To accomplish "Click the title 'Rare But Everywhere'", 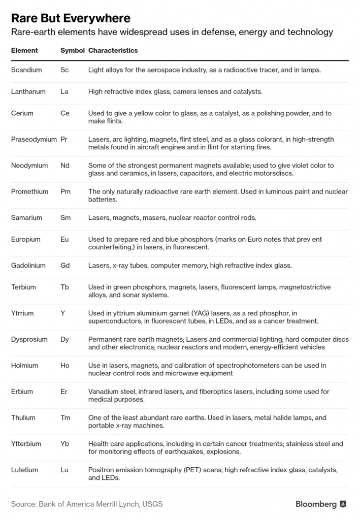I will pyautogui.click(x=71, y=19).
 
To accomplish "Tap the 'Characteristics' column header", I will pyautogui.click(x=113, y=51).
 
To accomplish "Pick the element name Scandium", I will pyautogui.click(x=26, y=70).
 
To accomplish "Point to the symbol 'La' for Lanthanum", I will pyautogui.click(x=64, y=91).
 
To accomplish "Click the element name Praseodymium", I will pyautogui.click(x=34, y=139).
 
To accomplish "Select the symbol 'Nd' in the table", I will pyautogui.click(x=65, y=166).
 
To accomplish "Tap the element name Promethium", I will pyautogui.click(x=29, y=191).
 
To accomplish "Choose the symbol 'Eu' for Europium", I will pyautogui.click(x=64, y=239).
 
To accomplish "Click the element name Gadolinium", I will pyautogui.click(x=28, y=265).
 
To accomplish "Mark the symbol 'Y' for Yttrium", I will pyautogui.click(x=62, y=313).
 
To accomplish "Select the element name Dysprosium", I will pyautogui.click(x=29, y=339).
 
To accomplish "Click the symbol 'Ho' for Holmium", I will pyautogui.click(x=65, y=365).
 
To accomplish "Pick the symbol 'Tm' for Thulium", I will pyautogui.click(x=66, y=417).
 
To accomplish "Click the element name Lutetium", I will pyautogui.click(x=24, y=470).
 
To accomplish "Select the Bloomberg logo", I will pyautogui.click(x=321, y=504).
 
